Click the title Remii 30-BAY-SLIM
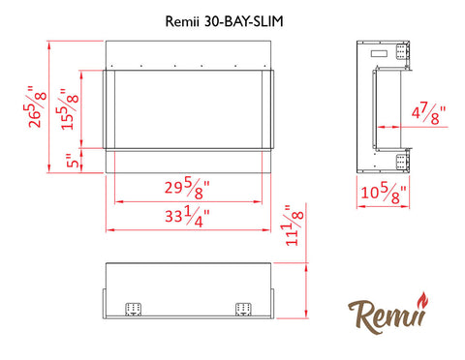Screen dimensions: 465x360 tap(224, 21)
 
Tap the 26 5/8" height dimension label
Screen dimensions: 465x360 tap(35, 106)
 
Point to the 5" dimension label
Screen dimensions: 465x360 tap(73, 161)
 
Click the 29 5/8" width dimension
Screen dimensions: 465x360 tap(187, 190)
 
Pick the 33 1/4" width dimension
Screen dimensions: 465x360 tap(187, 218)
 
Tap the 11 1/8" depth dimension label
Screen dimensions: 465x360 tap(294, 225)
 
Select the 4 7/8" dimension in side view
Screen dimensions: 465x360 tap(428, 113)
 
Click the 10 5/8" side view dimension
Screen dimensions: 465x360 tap(384, 195)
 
